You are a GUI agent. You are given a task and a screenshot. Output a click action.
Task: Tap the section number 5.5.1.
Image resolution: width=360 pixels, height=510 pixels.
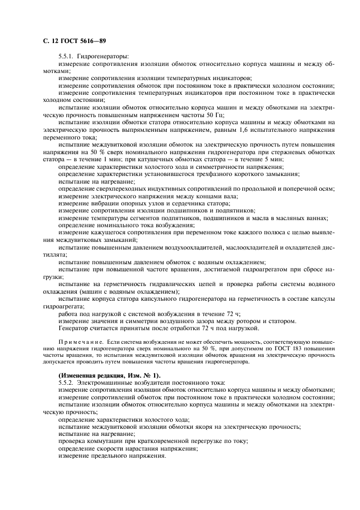66,56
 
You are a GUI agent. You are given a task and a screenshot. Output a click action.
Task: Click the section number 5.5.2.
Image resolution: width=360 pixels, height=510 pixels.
66,383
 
